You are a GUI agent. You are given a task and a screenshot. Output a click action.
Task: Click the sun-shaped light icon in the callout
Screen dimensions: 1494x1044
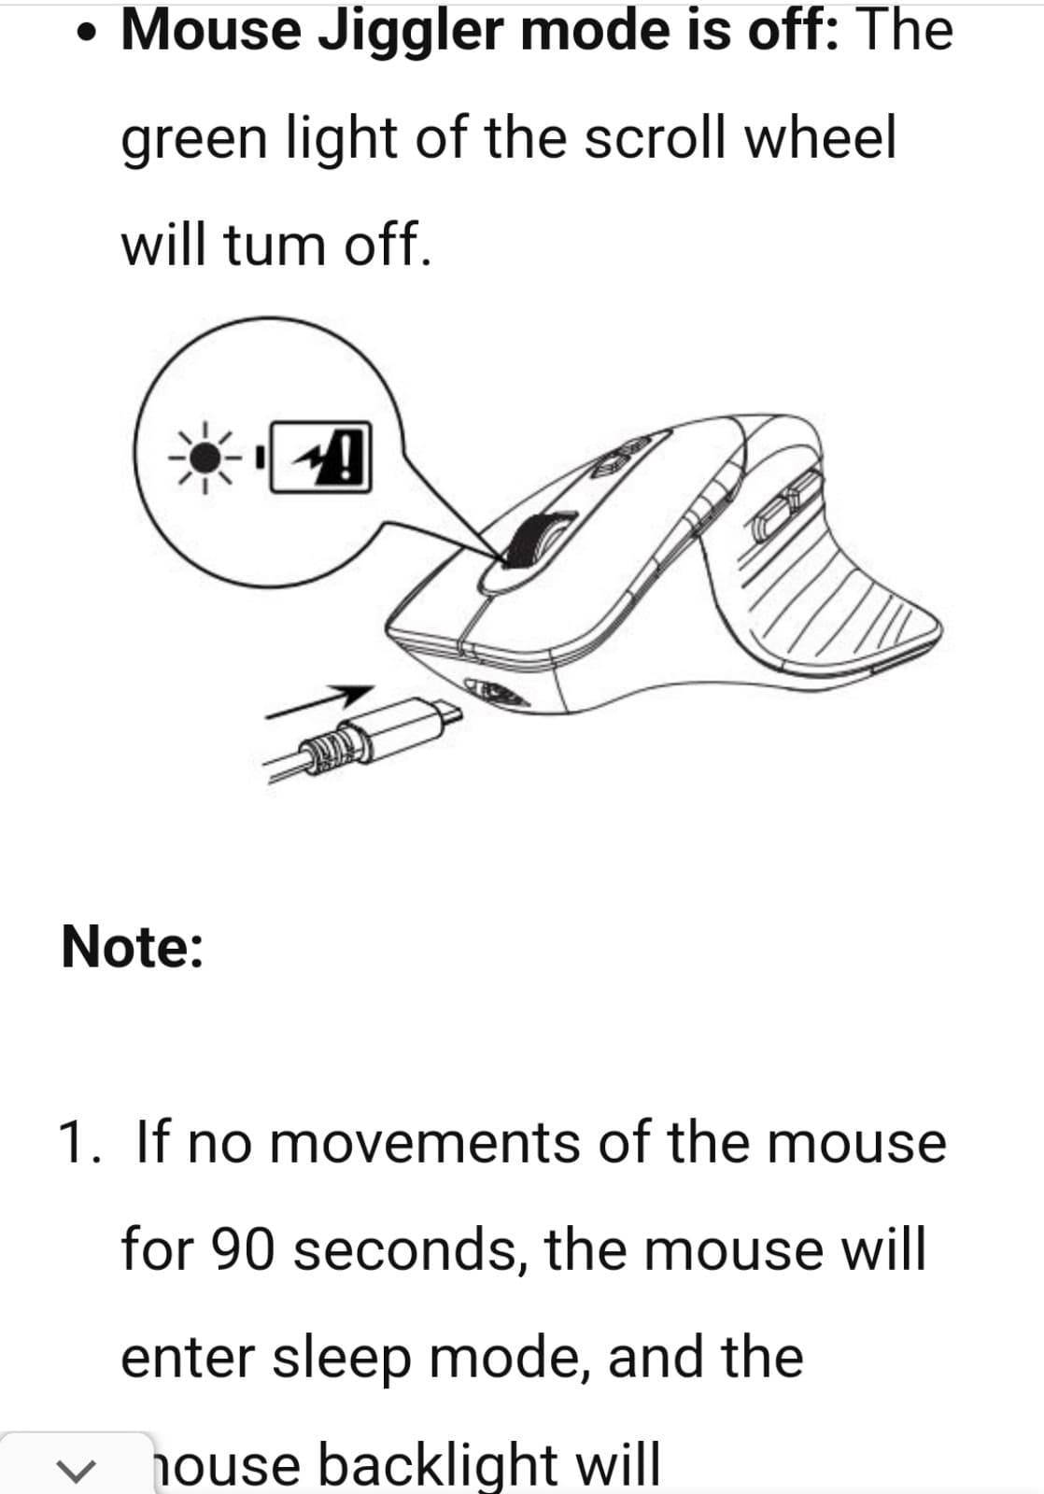pyautogui.click(x=206, y=457)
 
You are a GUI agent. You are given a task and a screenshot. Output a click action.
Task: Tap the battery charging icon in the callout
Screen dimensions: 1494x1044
pyautogui.click(x=319, y=457)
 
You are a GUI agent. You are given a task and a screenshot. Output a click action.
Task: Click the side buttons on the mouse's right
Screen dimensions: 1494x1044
pyautogui.click(x=784, y=504)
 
